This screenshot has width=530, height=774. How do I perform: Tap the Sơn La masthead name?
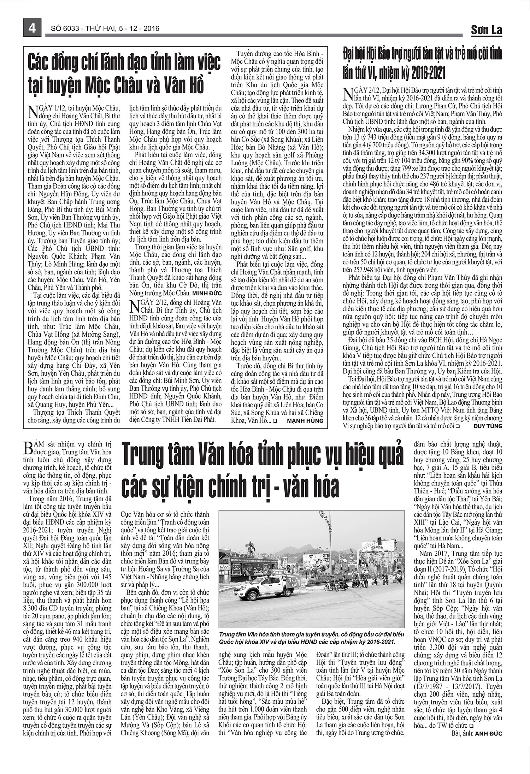pyautogui.click(x=486, y=30)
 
